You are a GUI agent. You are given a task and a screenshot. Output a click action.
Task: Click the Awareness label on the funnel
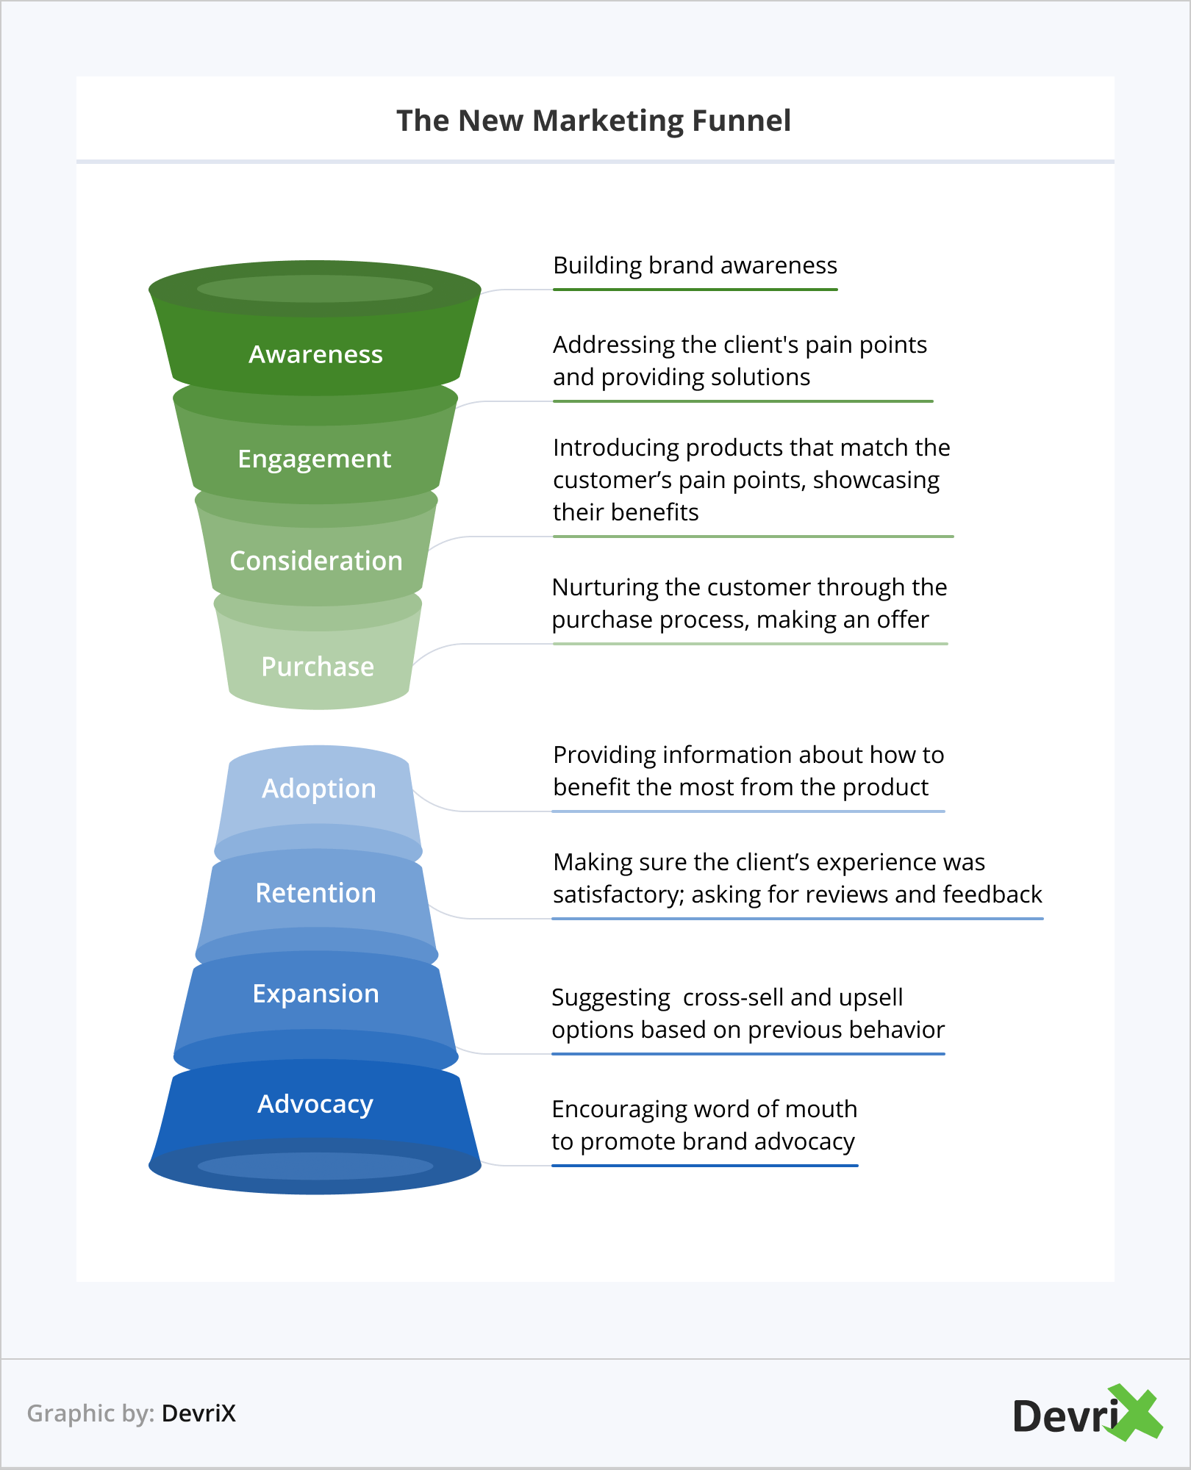coord(315,354)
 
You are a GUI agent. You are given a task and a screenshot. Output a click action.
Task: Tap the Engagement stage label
coord(315,459)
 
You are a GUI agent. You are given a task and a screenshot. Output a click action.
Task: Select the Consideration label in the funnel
coord(316,561)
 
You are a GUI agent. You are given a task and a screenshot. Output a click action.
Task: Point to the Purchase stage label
coord(318,667)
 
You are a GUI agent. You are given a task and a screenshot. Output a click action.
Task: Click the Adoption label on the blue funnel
coord(319,789)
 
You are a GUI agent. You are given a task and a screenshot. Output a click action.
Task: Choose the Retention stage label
coord(316,893)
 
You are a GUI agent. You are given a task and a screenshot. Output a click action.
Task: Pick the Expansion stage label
coord(316,994)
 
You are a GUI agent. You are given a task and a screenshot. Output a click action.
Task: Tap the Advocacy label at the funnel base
coord(315,1104)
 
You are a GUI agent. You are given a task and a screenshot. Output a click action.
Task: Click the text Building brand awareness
coord(695,265)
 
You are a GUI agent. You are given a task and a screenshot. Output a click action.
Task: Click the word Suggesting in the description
coord(611,997)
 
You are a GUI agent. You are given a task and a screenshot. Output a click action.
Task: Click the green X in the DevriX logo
coord(1136,1412)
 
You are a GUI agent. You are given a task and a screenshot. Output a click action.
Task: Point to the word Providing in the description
coord(604,755)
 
